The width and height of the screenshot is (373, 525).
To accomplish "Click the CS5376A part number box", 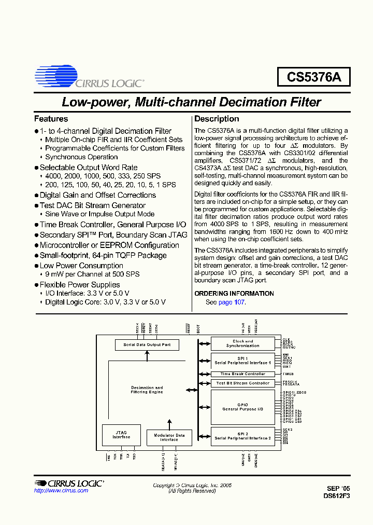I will tap(314, 77).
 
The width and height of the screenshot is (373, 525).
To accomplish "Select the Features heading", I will tap(51, 119).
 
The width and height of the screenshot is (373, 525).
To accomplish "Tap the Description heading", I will tap(217, 119).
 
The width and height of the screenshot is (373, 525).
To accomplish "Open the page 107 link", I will tap(231, 302).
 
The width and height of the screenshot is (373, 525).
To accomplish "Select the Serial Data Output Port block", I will tap(147, 344).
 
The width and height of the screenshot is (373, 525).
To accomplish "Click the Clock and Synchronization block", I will tap(242, 343).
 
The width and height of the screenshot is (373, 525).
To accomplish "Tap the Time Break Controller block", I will tap(242, 374).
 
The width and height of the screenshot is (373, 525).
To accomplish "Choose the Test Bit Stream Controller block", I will tap(242, 383).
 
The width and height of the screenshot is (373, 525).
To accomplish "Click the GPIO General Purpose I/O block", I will tap(242, 407).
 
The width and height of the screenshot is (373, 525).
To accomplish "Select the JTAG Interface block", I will tap(121, 435).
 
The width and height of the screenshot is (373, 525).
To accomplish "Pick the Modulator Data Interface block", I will tap(169, 437).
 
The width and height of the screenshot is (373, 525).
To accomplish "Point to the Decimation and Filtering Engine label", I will tap(147, 390).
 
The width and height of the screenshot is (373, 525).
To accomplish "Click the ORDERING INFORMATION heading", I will tap(234, 294).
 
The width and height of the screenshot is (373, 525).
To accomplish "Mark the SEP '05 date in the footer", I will tap(338, 488).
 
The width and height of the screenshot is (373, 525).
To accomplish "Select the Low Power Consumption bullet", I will tap(81, 266).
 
